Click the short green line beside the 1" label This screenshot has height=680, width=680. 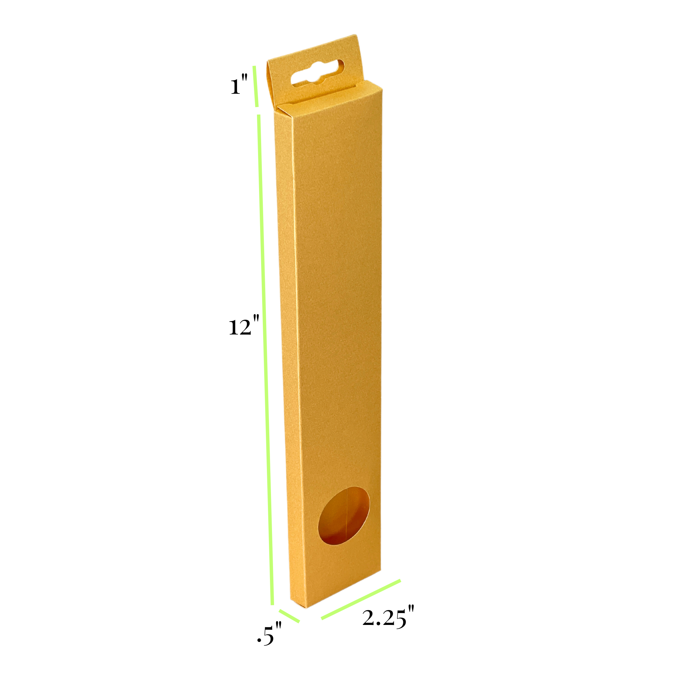tap(256, 86)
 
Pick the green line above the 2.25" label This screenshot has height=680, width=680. tap(361, 599)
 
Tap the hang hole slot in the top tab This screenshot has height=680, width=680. tap(318, 73)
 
